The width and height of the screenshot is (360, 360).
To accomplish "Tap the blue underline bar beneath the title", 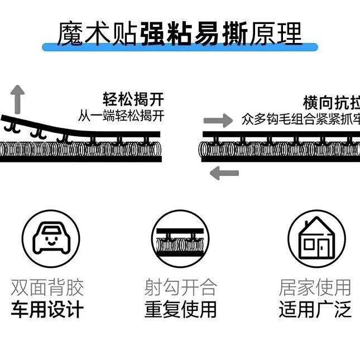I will click(180, 47).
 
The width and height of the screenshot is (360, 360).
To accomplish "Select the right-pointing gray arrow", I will click(218, 121).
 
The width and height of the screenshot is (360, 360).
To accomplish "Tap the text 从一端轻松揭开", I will click(121, 117).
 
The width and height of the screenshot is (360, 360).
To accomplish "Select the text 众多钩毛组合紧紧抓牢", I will click(301, 119).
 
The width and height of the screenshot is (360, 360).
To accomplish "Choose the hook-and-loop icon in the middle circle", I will click(180, 239).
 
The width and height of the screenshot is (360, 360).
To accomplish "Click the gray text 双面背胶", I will click(47, 288).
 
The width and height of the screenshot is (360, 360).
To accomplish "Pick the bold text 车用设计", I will click(47, 309).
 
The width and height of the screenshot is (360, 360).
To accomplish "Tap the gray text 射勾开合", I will click(180, 288).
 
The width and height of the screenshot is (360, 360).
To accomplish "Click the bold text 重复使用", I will click(180, 309).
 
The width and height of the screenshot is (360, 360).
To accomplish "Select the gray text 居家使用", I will click(315, 288).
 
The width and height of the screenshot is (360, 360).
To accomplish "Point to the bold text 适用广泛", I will click(315, 309).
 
